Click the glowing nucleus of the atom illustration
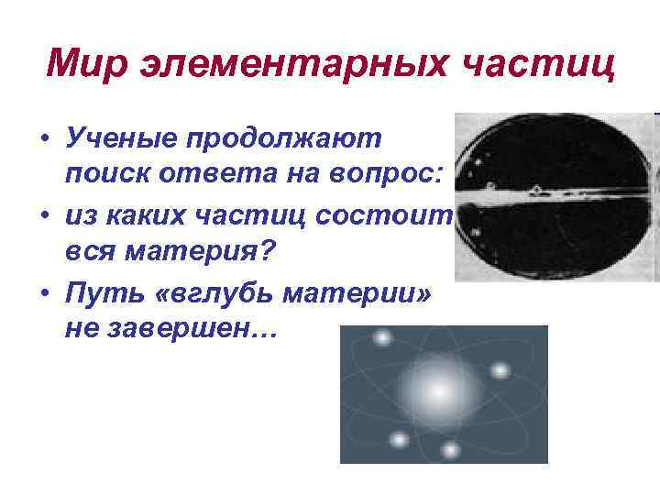click(438, 391)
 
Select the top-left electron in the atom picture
click(381, 338)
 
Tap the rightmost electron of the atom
click(500, 371)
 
